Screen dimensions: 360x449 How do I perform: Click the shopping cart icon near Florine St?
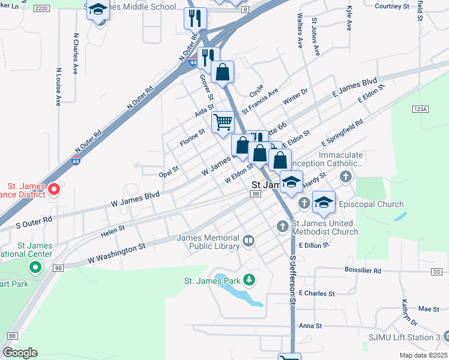point(223,122)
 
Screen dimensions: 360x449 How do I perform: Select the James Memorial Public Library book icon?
point(248,241)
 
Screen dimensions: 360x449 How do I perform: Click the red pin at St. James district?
point(53,190)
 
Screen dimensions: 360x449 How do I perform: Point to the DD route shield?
point(436,272)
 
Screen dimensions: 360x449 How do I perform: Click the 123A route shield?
point(420,109)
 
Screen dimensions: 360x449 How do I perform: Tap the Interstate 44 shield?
point(191,62)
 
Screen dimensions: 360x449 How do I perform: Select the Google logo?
point(20,353)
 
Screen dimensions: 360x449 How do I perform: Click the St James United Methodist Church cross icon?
point(283,226)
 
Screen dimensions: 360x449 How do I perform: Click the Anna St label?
point(310,326)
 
